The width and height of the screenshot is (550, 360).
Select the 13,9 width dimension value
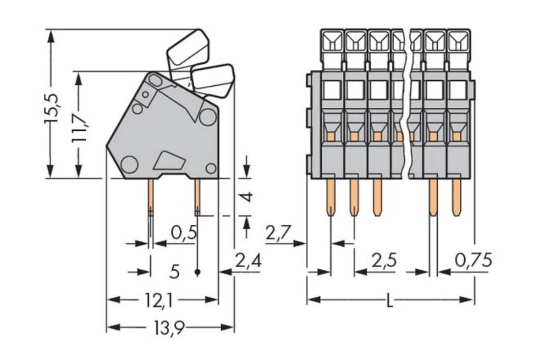(169, 328)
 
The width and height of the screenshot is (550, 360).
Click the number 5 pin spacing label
(175, 271)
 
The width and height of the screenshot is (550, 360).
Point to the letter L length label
(389, 301)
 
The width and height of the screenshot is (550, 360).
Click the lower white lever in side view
(213, 80)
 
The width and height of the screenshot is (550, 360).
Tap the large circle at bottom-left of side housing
(130, 164)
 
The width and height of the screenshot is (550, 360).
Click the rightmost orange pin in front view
(456, 197)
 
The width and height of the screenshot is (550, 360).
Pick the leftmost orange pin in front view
(331, 197)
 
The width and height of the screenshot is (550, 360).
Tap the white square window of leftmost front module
(332, 90)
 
